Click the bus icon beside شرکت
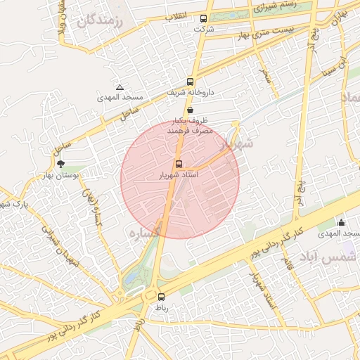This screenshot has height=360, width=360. [203, 19]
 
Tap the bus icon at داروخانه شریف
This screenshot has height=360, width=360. [191, 81]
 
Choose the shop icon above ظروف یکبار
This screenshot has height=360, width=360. [191, 110]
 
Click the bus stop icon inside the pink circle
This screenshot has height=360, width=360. [179, 164]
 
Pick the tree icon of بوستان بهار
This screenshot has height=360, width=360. [60, 164]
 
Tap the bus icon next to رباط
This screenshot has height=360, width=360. [161, 297]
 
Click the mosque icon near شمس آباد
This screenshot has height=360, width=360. [342, 223]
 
